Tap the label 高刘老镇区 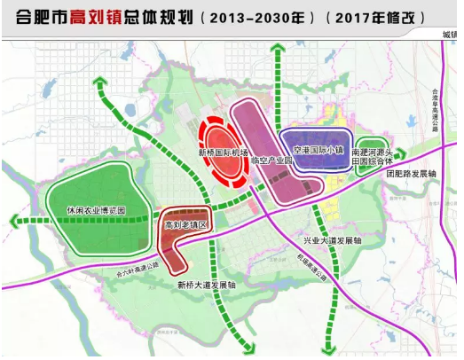coord(185,227)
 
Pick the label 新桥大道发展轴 coord(206,286)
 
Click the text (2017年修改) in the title coord(382,17)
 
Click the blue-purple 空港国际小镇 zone coord(312,142)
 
